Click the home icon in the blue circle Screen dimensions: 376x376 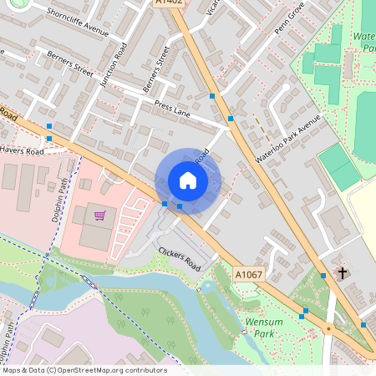tap(188, 180)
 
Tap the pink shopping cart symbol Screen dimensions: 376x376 tap(99, 216)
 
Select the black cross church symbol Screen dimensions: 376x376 tap(342, 272)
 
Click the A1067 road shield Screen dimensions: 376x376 tap(248, 274)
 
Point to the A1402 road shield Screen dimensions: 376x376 tap(168, 3)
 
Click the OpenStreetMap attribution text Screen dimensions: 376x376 tap(84, 370)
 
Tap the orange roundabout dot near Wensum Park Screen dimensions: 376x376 tap(328, 328)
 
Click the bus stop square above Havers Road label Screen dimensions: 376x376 tap(49, 138)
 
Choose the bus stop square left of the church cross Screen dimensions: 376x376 tap(323, 275)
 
